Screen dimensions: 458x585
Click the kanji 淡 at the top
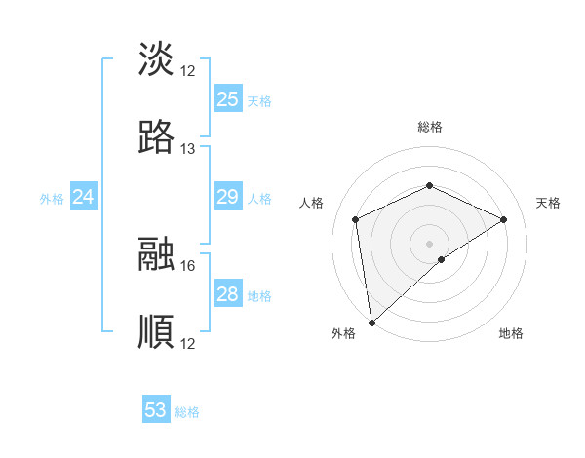point(157,59)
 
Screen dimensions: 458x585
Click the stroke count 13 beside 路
point(188,149)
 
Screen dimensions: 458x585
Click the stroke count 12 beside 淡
point(188,71)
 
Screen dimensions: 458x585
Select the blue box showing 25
point(228,99)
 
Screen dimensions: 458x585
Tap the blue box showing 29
point(228,198)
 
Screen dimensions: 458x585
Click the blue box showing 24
point(84,198)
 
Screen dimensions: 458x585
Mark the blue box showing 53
point(156,410)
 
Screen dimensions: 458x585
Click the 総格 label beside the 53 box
point(187,412)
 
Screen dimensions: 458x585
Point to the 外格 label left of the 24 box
point(52,199)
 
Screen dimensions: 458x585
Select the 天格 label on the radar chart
point(549,203)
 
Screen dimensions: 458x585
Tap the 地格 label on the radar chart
point(511,333)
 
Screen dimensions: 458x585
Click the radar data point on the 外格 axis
point(371,322)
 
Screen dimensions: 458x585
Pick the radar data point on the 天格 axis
point(504,219)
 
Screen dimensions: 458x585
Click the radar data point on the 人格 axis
point(356,219)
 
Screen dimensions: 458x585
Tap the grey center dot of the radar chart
point(430,243)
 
